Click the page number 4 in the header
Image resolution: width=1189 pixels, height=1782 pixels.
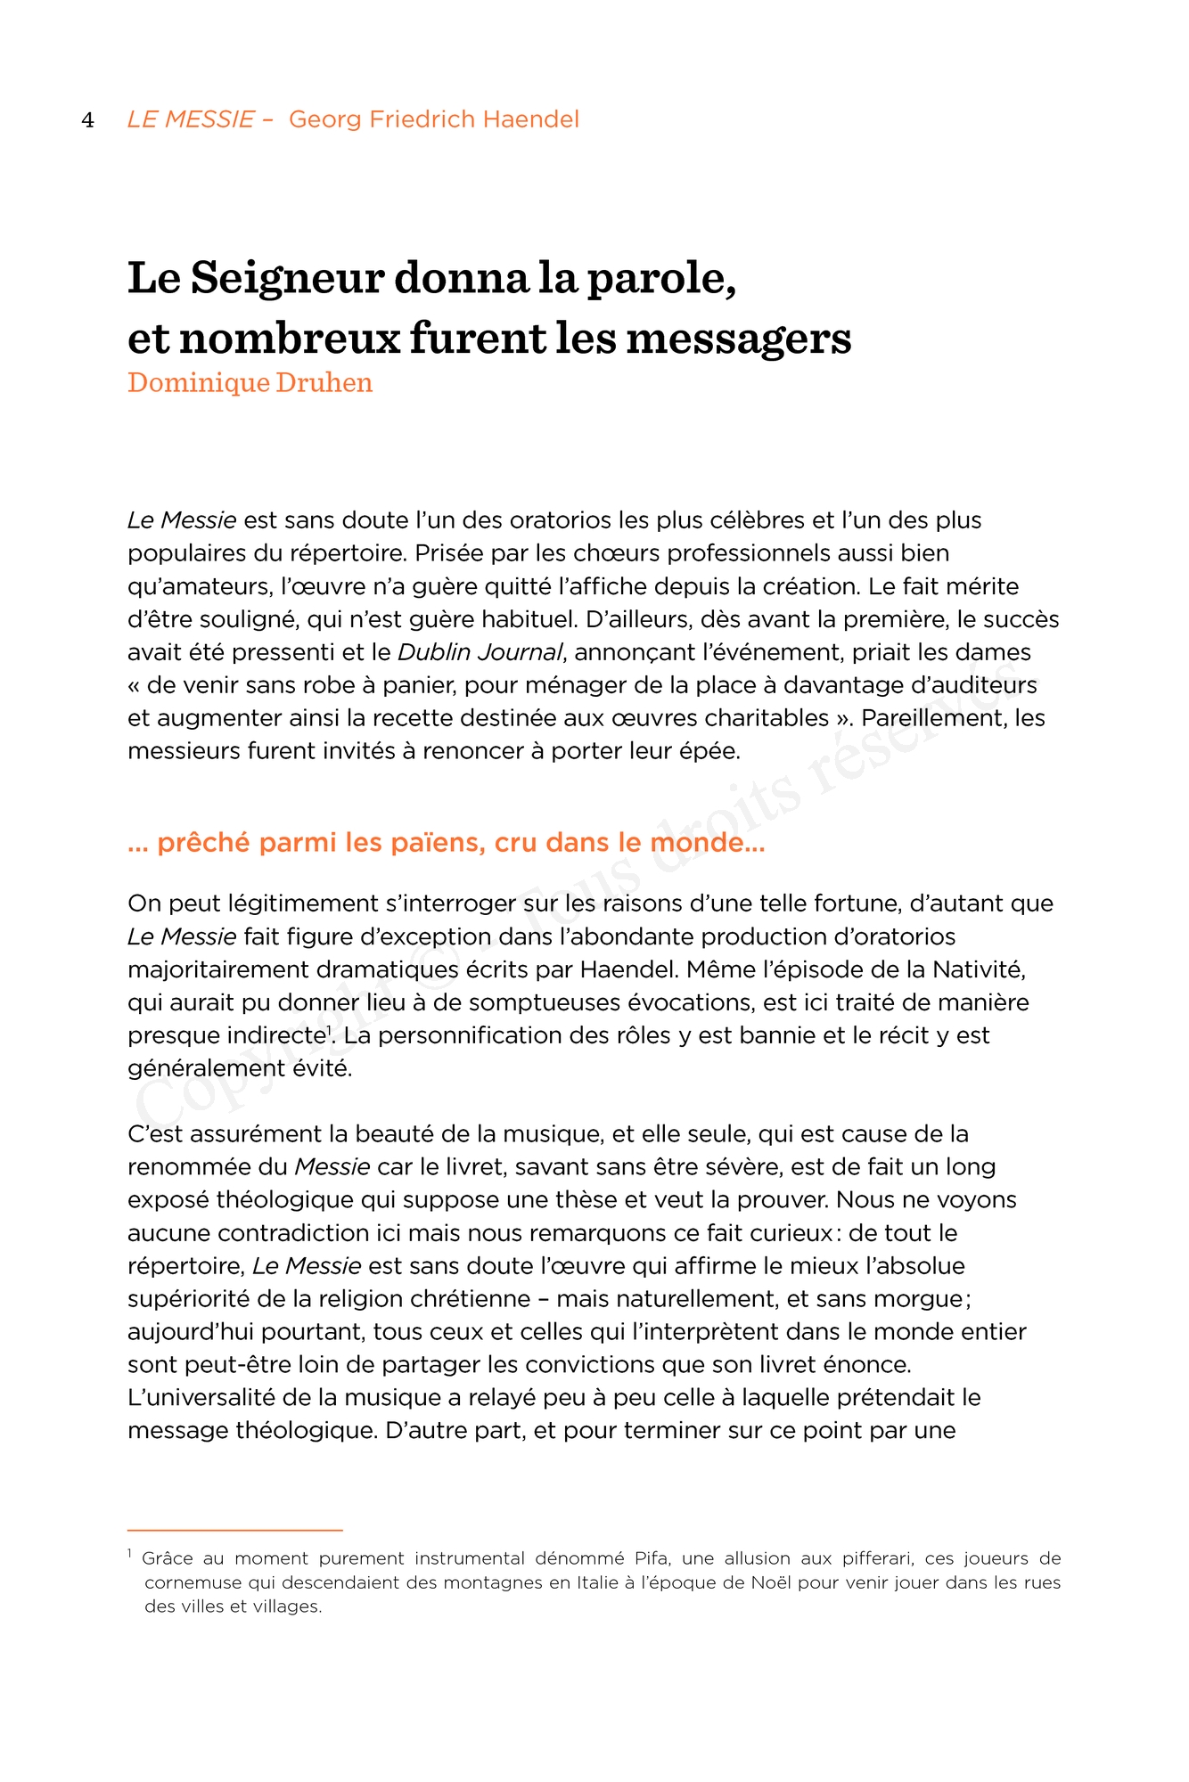pos(87,120)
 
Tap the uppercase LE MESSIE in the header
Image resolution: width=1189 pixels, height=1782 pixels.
pos(191,119)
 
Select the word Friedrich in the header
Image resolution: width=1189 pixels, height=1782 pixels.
pos(422,119)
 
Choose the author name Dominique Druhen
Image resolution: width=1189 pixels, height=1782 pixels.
pos(250,383)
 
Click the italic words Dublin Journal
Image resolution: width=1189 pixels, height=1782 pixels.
pos(480,652)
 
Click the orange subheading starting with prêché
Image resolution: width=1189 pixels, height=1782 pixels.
pos(446,843)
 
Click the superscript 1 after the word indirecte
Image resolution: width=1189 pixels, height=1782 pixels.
pos(328,1030)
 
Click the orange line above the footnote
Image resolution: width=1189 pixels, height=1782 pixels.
pos(234,1530)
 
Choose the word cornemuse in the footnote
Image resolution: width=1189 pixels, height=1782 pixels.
pos(186,1582)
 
